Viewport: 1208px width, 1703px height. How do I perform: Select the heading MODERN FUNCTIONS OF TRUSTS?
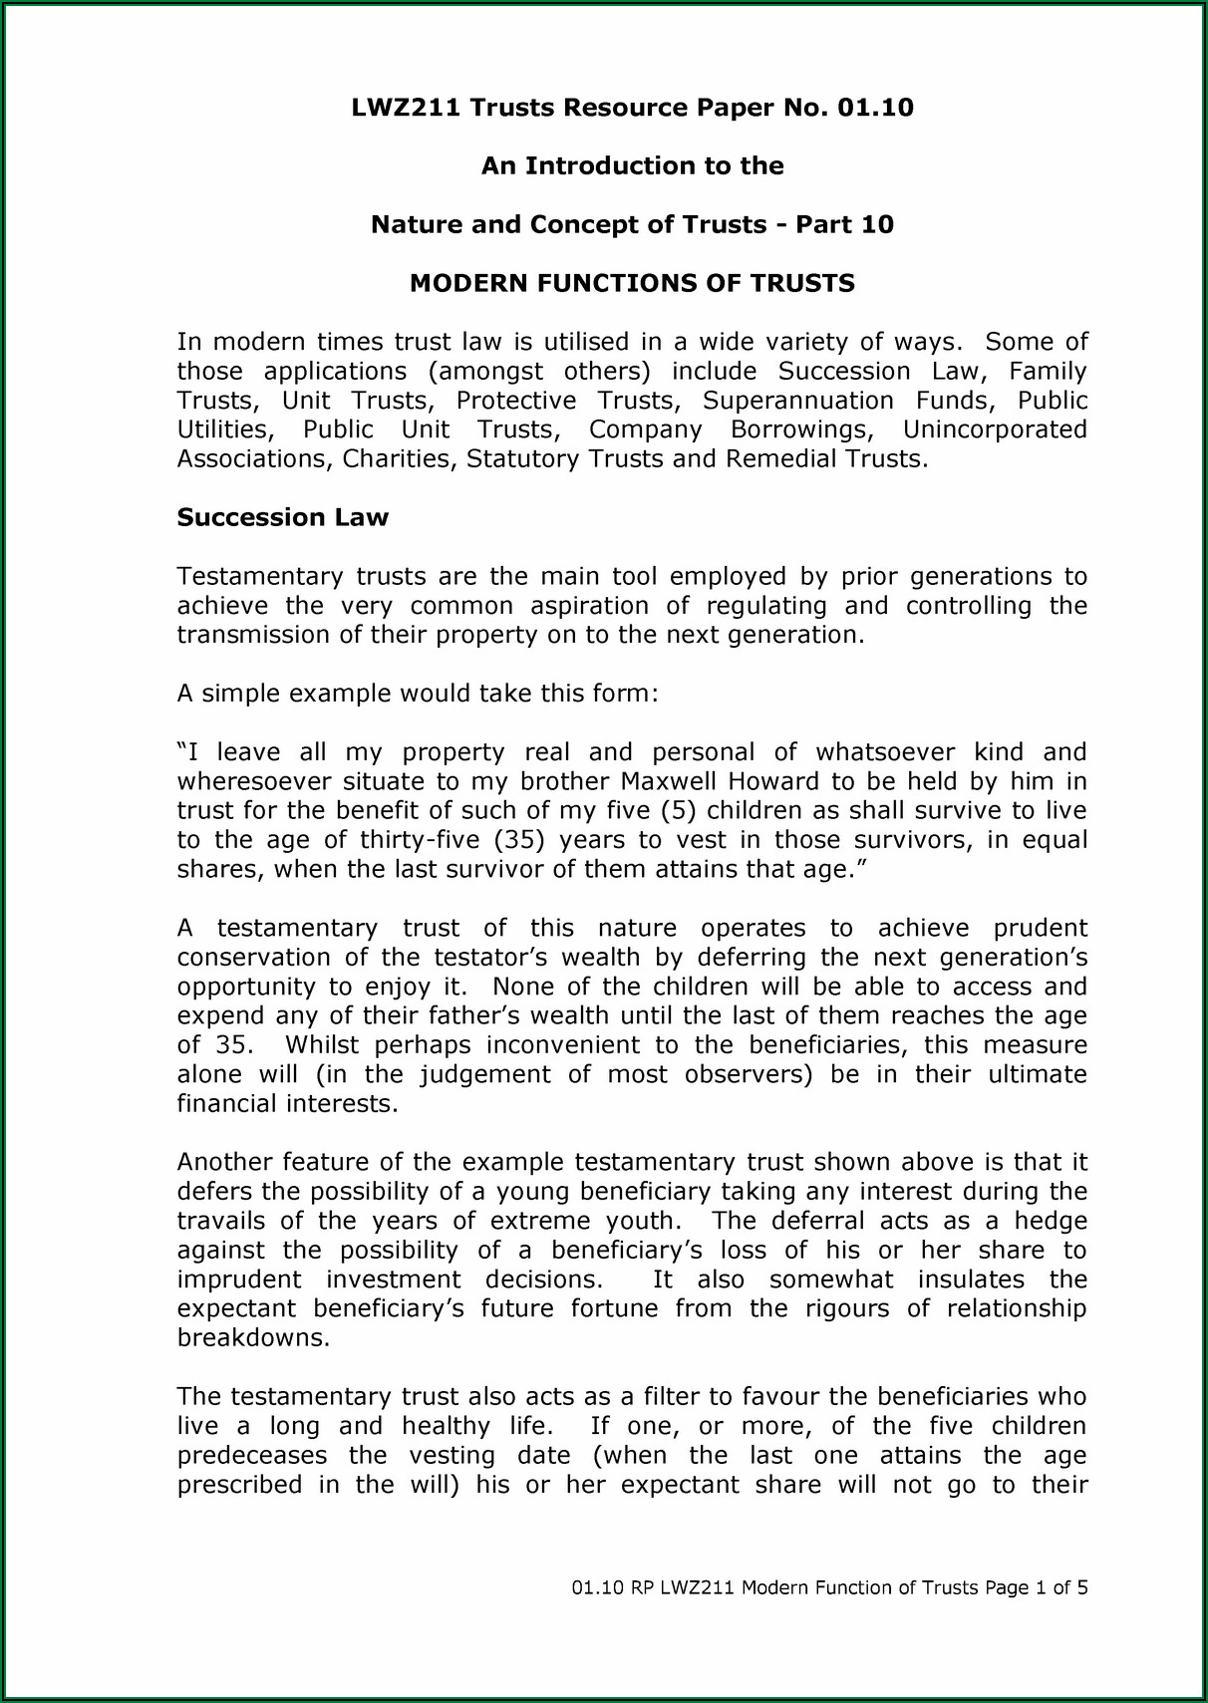632,284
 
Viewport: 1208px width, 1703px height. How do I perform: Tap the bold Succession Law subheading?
282,518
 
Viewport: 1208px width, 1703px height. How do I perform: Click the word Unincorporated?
994,430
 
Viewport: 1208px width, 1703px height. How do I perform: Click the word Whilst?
323,1045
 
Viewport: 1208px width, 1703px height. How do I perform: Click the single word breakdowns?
252,1338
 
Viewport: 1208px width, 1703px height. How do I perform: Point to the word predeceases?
252,1456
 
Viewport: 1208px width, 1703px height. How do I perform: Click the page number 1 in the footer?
1040,1588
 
